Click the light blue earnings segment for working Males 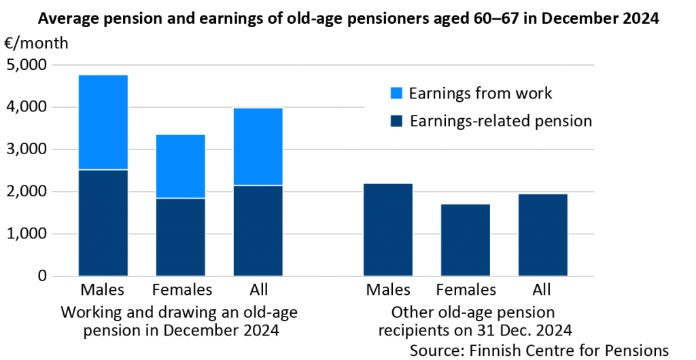pos(103,122)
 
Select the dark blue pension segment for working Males pos(103,223)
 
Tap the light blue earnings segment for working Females pos(181,166)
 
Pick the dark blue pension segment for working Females pos(181,237)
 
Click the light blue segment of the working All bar pos(258,147)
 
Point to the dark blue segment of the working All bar pos(258,230)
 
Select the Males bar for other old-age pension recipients pos(388,230)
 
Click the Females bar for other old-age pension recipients pos(466,240)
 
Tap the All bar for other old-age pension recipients pos(543,235)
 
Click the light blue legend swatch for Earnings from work pos(398,92)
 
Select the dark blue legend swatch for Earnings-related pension pos(398,122)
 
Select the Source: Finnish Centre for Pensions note pos(539,350)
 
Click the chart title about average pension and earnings pos(348,18)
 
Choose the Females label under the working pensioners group pos(182,290)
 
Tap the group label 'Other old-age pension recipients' pos(474,321)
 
